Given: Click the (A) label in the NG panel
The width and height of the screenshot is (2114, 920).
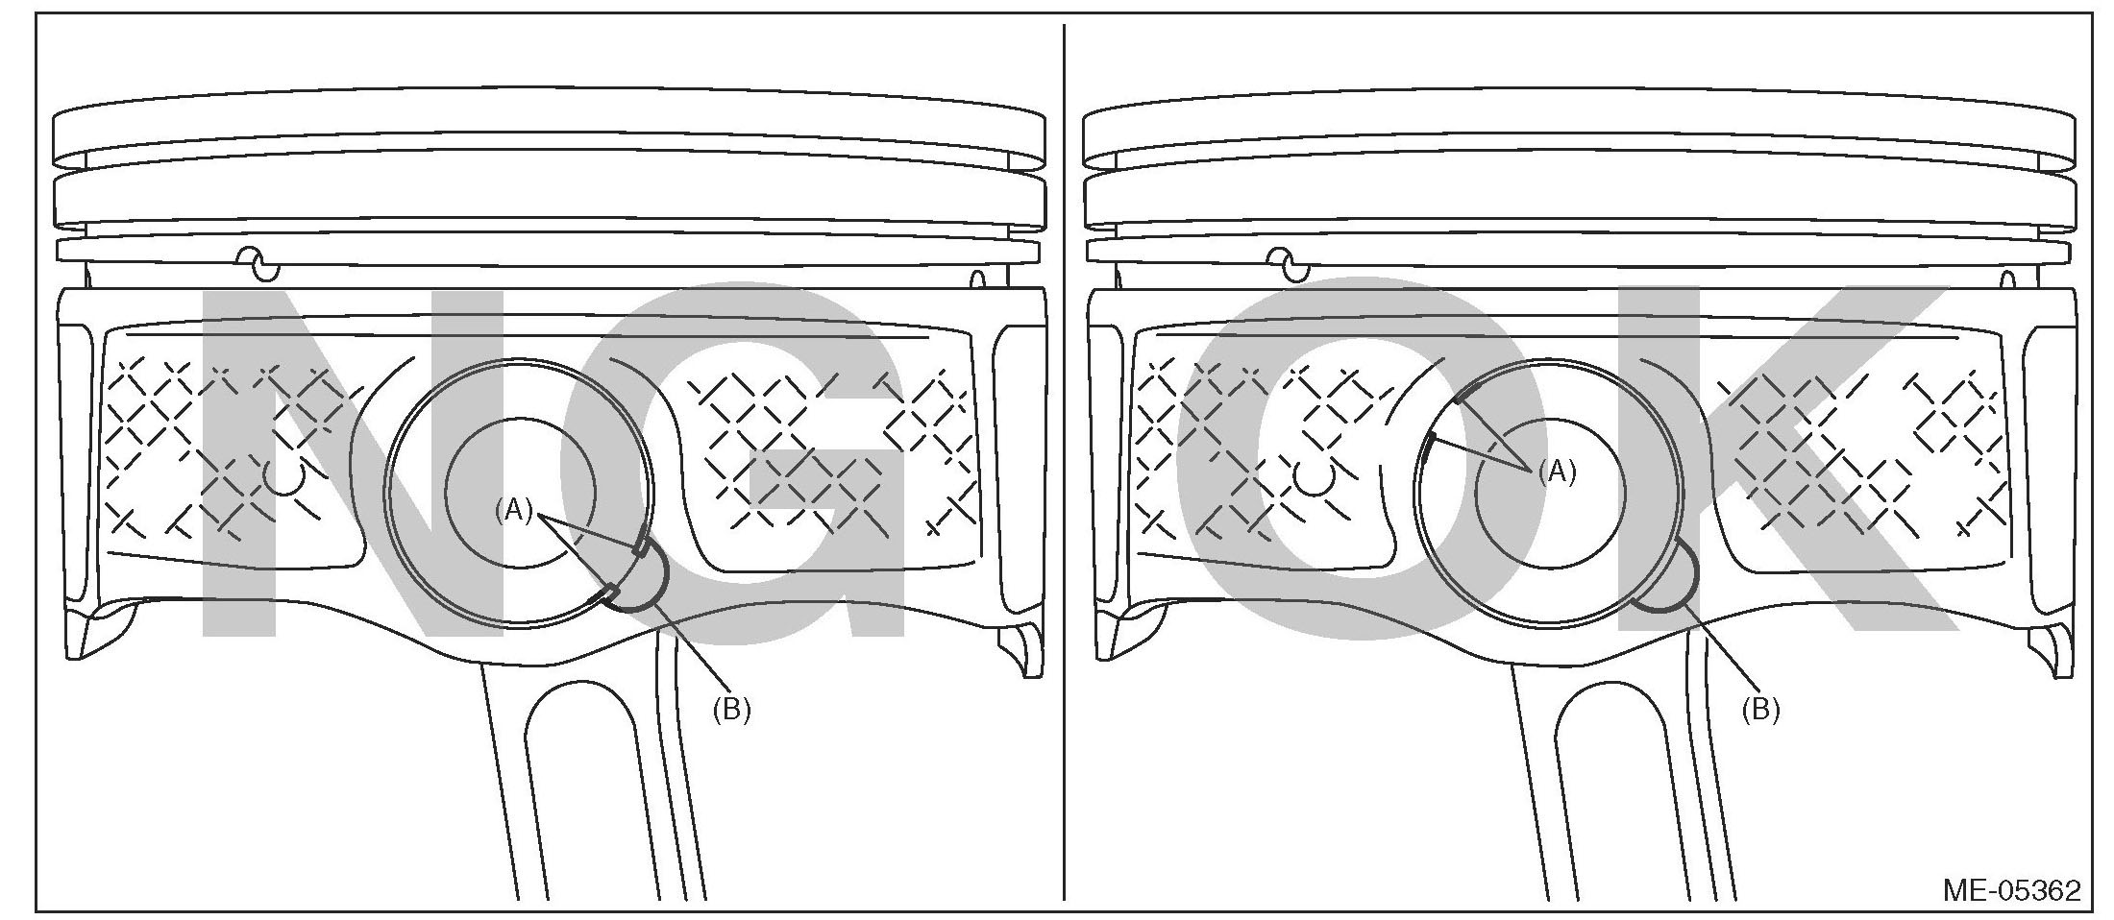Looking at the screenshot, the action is [513, 511].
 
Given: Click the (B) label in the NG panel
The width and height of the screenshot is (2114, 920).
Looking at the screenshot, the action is [731, 710].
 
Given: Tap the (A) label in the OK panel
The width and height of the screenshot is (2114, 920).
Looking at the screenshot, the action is [1557, 472].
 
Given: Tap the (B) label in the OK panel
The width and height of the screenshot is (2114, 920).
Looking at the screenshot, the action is [1760, 710].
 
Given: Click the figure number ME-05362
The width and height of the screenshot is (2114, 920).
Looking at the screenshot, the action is [2011, 890].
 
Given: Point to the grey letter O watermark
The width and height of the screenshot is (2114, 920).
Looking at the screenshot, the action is [1326, 461].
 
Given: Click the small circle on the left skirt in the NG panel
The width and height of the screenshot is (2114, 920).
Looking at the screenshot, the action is [284, 477].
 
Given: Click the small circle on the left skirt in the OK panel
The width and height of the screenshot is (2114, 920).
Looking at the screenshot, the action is [1314, 477].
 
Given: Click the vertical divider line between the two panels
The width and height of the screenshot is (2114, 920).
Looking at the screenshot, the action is [1064, 461].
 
